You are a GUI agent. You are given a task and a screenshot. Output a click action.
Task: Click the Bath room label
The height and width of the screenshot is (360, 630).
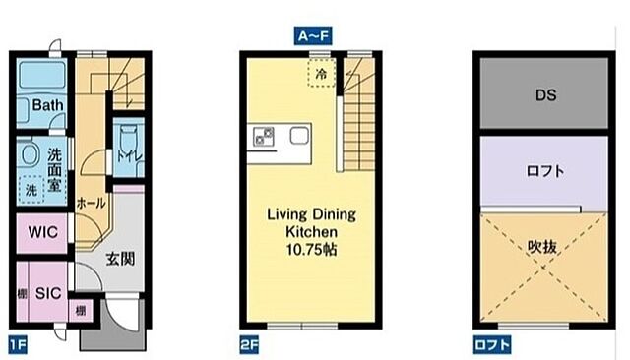48,105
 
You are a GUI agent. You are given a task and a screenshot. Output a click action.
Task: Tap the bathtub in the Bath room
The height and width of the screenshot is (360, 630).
42,75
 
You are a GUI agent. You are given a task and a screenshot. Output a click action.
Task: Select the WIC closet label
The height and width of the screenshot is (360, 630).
42,232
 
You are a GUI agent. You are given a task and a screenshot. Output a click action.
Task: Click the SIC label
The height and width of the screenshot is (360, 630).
48,293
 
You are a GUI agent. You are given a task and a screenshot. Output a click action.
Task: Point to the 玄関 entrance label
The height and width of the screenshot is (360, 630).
120,259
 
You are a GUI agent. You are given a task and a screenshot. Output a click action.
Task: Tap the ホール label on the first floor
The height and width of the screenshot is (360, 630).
91,203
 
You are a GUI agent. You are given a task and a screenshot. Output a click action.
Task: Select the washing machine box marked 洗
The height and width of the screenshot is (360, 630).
31,190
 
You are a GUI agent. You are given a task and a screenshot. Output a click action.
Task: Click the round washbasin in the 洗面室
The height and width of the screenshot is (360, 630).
31,155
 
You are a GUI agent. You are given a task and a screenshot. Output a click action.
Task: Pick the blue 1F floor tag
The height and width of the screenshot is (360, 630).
18,344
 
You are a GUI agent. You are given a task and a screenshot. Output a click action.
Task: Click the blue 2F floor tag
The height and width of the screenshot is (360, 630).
249,344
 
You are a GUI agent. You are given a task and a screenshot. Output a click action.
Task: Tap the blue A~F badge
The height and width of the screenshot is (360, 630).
313,36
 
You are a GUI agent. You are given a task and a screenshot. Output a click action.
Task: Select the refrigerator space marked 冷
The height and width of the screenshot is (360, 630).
322,73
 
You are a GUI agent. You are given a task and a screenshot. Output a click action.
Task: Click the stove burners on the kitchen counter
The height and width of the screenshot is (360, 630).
264,136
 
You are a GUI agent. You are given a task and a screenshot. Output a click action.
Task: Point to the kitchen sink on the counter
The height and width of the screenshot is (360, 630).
299,136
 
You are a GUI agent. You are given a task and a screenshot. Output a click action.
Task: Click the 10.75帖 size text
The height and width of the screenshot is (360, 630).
312,250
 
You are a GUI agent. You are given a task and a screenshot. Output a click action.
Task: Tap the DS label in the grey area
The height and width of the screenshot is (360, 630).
546,95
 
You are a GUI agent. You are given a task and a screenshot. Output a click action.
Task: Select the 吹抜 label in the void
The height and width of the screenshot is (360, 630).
542,247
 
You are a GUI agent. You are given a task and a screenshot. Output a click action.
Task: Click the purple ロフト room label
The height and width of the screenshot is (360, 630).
545,171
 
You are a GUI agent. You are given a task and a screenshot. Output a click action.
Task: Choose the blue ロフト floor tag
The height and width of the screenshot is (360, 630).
492,344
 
